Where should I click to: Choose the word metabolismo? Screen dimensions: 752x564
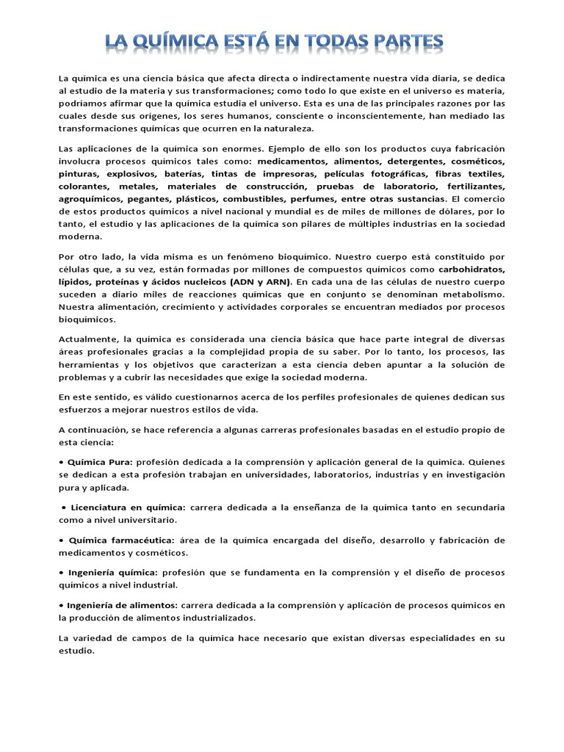point(474,294)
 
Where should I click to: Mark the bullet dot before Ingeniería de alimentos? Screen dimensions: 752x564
point(61,605)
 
